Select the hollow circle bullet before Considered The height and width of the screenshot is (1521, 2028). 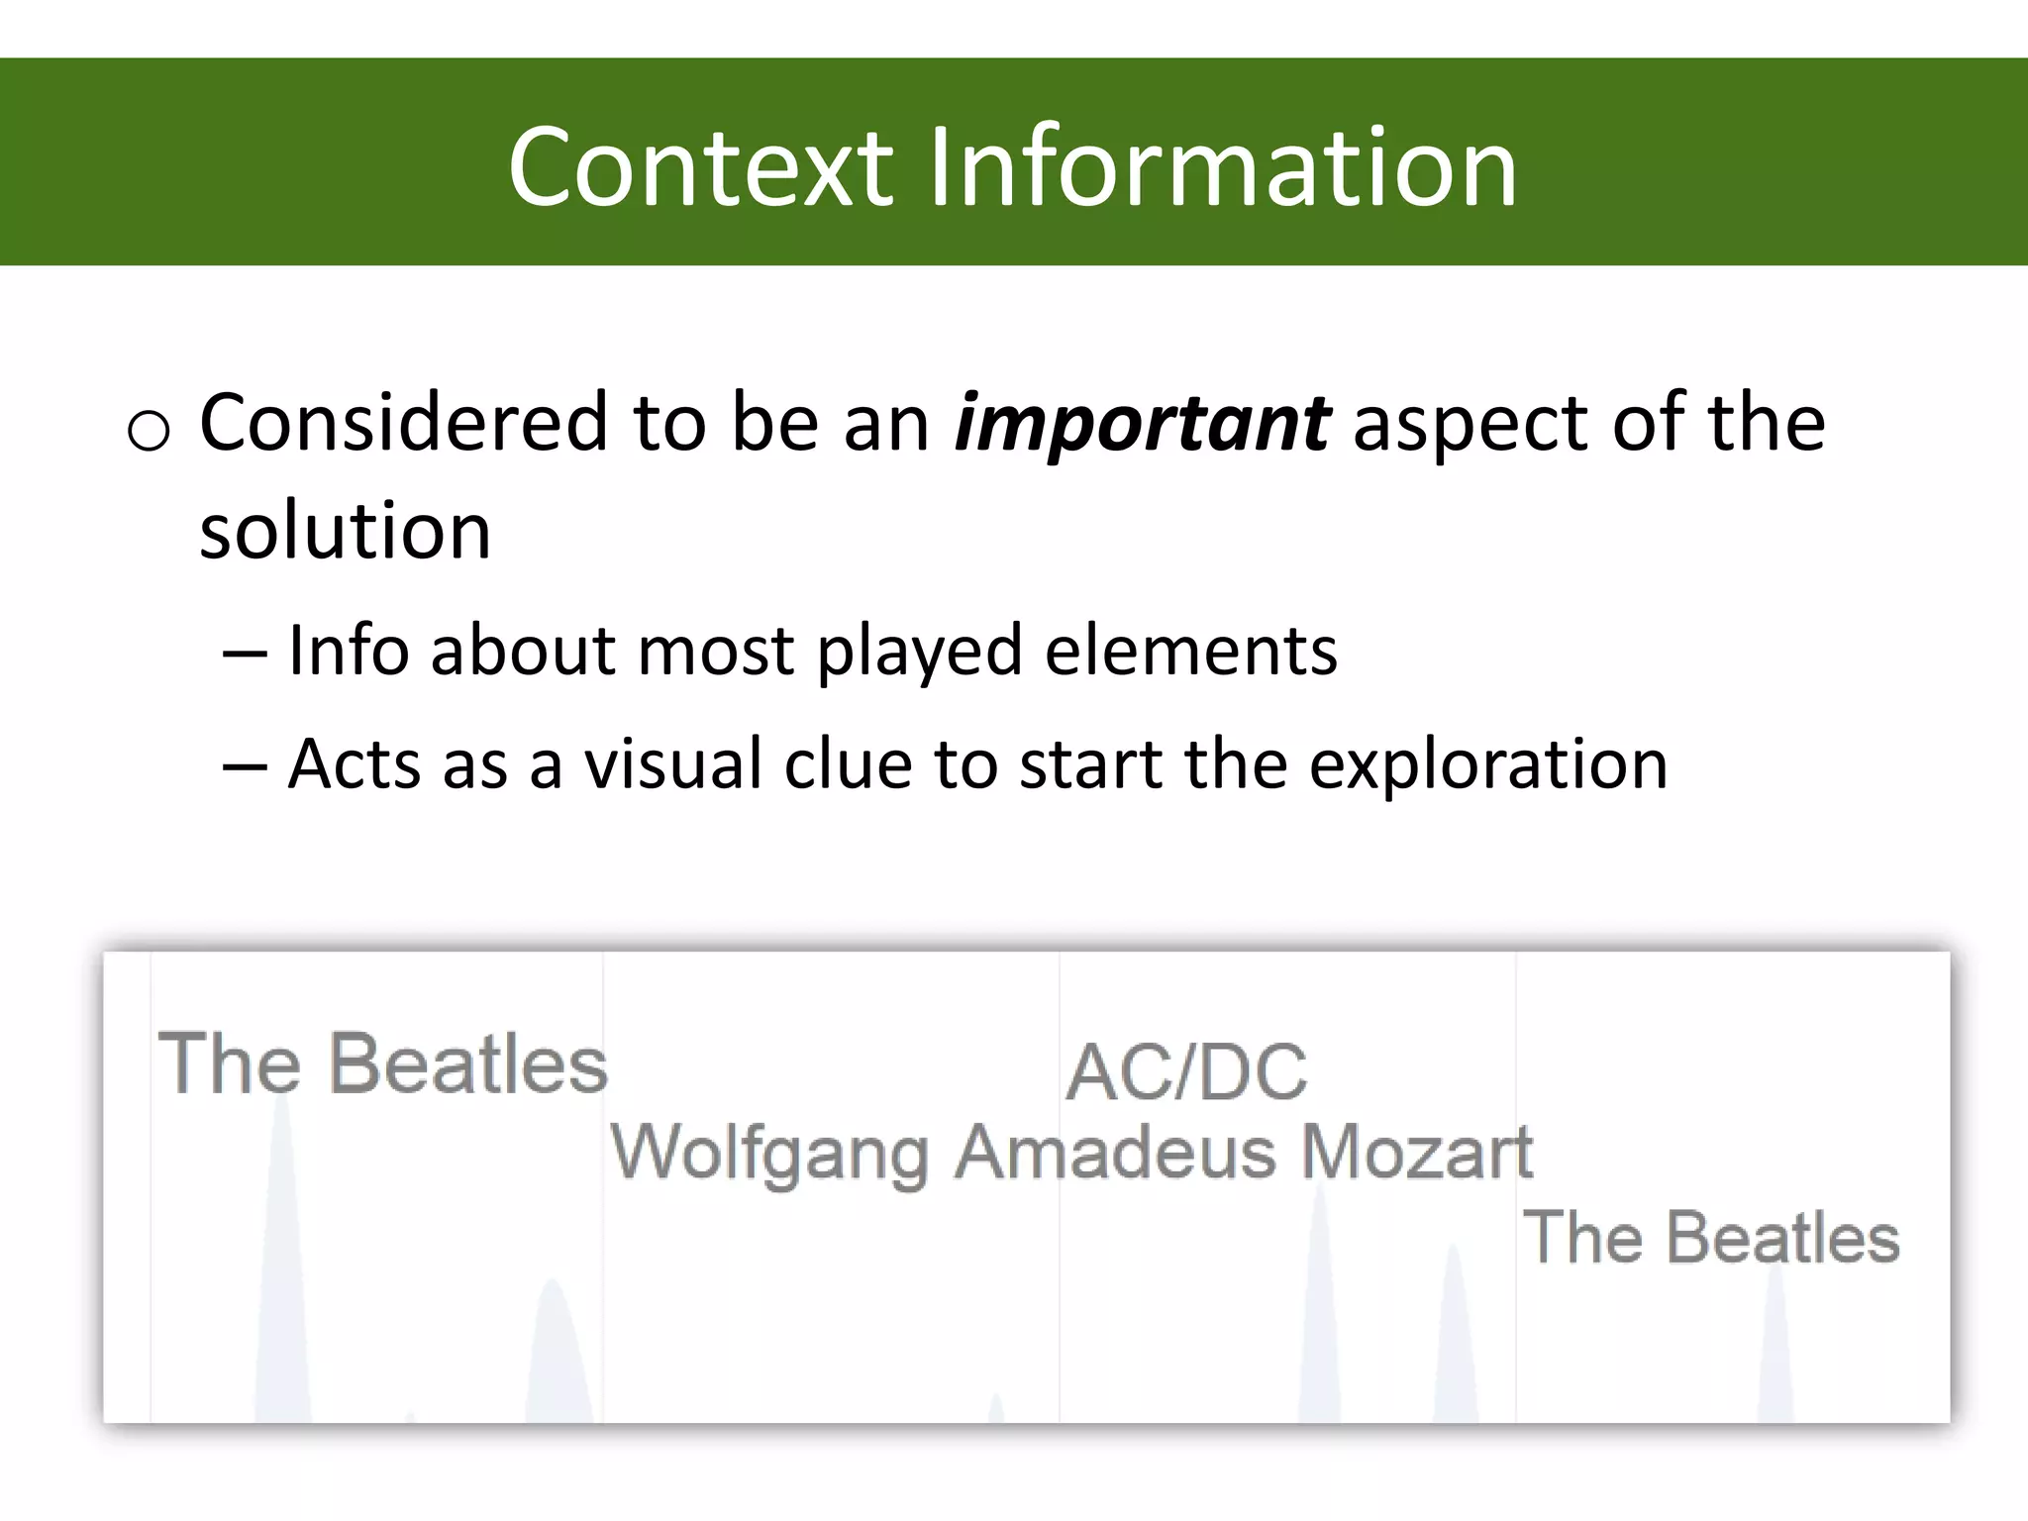click(150, 432)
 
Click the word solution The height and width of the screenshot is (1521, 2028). click(345, 532)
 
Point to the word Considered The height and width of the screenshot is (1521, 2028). click(403, 423)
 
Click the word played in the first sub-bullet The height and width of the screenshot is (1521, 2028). click(918, 653)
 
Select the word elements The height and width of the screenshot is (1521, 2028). click(1190, 651)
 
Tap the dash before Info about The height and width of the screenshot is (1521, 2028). click(244, 654)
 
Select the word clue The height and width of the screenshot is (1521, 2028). click(848, 764)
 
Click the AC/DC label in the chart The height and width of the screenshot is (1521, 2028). click(1186, 1072)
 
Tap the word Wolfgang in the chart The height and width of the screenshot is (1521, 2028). click(769, 1155)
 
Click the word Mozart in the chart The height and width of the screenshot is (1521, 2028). click(1416, 1153)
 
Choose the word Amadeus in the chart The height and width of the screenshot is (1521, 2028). click(1115, 1153)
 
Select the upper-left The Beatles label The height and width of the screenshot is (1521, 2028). click(382, 1065)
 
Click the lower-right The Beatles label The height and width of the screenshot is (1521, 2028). click(1711, 1238)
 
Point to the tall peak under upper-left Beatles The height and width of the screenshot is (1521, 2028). click(282, 1258)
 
